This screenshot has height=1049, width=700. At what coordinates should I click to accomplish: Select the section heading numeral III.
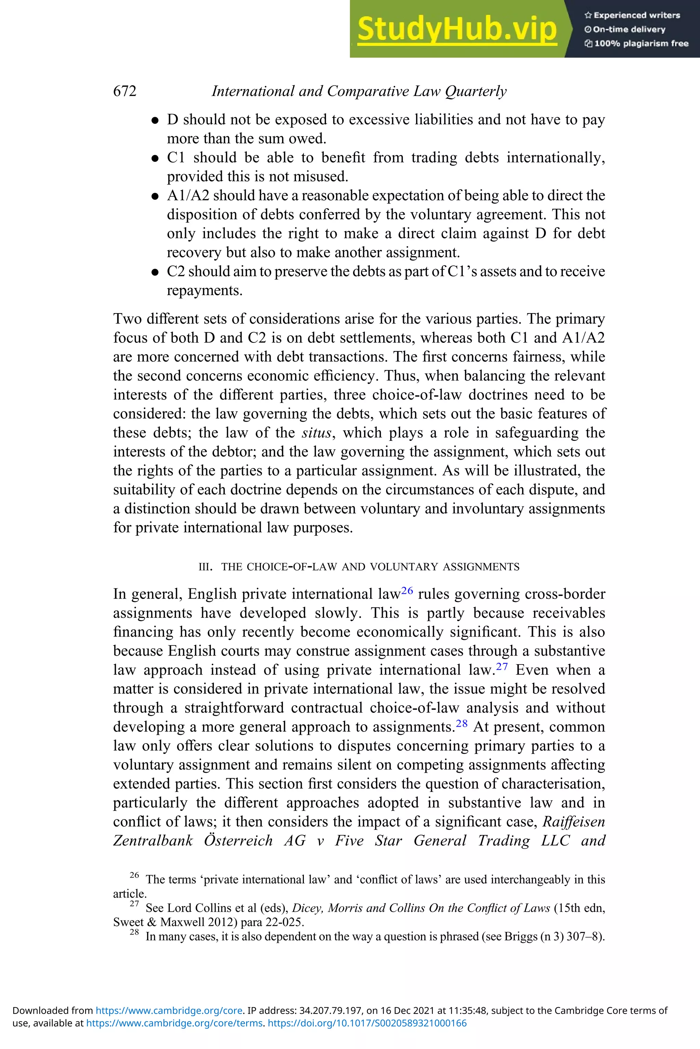pos(204,567)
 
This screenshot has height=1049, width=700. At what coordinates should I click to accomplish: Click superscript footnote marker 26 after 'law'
pos(407,590)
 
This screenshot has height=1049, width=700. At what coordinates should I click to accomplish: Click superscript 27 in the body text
pos(502,666)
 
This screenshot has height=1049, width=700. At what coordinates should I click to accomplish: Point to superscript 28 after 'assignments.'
pos(461,723)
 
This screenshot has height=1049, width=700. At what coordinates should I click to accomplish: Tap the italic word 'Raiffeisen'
pos(574,822)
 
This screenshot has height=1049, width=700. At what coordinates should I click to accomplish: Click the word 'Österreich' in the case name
pos(238,841)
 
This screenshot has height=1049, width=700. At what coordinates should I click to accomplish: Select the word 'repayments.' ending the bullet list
pos(204,291)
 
